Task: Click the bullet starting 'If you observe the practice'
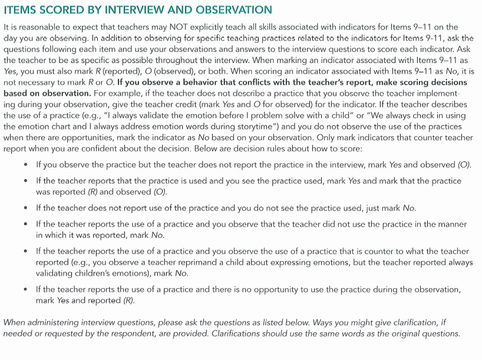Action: [25, 165]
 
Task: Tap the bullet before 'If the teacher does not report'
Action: [25, 208]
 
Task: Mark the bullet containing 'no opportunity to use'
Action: [25, 289]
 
